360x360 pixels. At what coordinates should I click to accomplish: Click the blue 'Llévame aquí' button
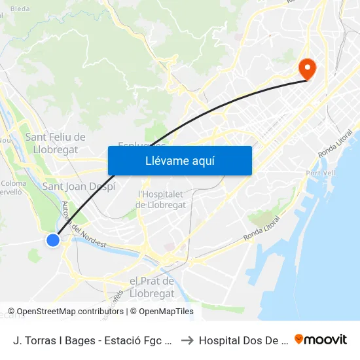coord(179,160)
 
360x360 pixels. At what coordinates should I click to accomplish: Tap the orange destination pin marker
coord(306,67)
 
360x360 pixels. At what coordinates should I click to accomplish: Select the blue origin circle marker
coord(53,240)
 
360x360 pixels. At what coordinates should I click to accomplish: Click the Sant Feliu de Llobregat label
coord(55,143)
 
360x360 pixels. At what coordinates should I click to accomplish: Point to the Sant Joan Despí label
coord(79,187)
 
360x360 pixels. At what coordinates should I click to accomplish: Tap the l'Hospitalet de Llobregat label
coord(161,199)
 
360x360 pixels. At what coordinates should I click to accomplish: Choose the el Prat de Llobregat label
coord(152,287)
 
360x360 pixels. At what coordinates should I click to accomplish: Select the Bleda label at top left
coord(20,9)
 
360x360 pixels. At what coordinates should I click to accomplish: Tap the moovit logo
coord(321,340)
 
